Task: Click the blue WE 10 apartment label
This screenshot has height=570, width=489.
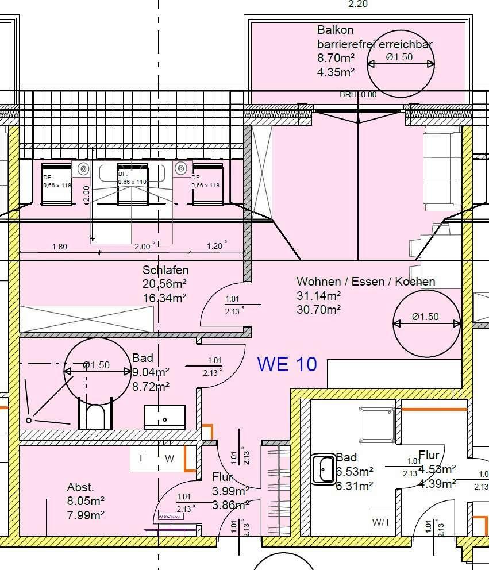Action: [287, 364]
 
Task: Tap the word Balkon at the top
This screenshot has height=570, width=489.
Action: [335, 30]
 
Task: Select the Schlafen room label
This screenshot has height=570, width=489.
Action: [165, 269]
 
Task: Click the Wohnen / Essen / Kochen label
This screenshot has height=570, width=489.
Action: [365, 282]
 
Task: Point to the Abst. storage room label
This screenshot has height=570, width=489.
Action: [80, 488]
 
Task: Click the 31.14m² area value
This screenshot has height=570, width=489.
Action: [319, 296]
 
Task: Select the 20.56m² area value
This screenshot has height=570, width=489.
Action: [165, 284]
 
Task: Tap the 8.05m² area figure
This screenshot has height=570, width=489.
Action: [86, 502]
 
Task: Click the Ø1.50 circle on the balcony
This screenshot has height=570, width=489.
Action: [401, 64]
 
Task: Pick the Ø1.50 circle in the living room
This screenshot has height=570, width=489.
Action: [426, 323]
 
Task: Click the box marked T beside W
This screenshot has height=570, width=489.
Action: [141, 459]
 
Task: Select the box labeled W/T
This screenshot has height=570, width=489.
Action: [381, 522]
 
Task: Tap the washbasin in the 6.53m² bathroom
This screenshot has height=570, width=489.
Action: [324, 469]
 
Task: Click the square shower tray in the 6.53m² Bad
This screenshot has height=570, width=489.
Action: [376, 425]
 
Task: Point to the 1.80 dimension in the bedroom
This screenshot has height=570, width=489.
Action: [59, 247]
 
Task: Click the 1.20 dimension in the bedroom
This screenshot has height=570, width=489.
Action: [215, 247]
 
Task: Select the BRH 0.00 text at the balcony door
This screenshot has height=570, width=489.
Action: [358, 95]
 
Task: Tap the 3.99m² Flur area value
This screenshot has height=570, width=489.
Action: [230, 491]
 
